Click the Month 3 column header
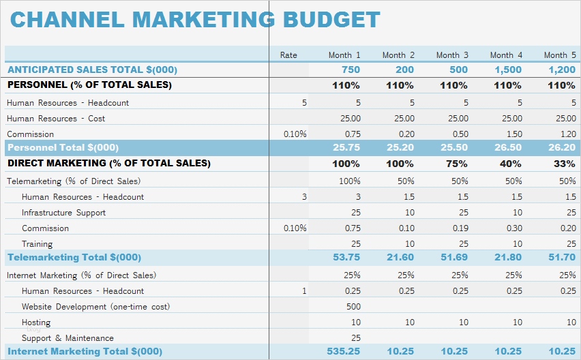[x=452, y=55]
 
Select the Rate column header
[x=288, y=55]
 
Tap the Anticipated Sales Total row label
[x=92, y=70]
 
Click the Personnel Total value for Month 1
[x=346, y=147]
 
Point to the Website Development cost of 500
[x=353, y=307]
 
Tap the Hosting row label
[x=36, y=322]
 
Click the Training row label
[x=37, y=244]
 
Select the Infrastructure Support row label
[x=63, y=213]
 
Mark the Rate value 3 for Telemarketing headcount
[x=303, y=197]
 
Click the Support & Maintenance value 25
[x=355, y=338]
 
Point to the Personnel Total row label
[x=63, y=147]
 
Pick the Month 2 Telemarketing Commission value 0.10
[x=407, y=228]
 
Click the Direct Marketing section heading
[x=108, y=164]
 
